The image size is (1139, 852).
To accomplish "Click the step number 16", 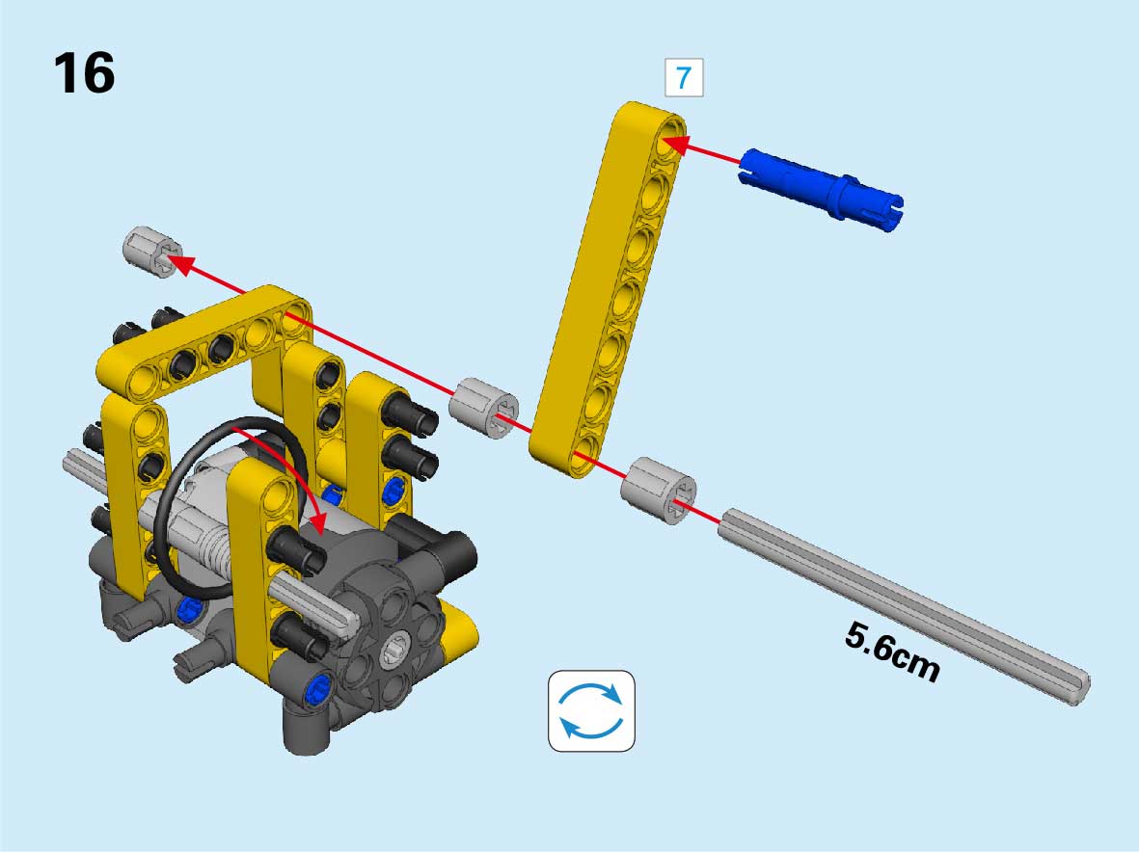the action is click(x=84, y=72).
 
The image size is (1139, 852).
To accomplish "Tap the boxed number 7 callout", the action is click(x=684, y=78).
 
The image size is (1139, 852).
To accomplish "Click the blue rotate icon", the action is click(x=591, y=710).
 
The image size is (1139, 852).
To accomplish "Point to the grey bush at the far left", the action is click(x=151, y=252).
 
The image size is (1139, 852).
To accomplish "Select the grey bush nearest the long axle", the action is click(x=658, y=491).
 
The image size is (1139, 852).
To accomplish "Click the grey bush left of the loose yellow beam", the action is click(x=484, y=408).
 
